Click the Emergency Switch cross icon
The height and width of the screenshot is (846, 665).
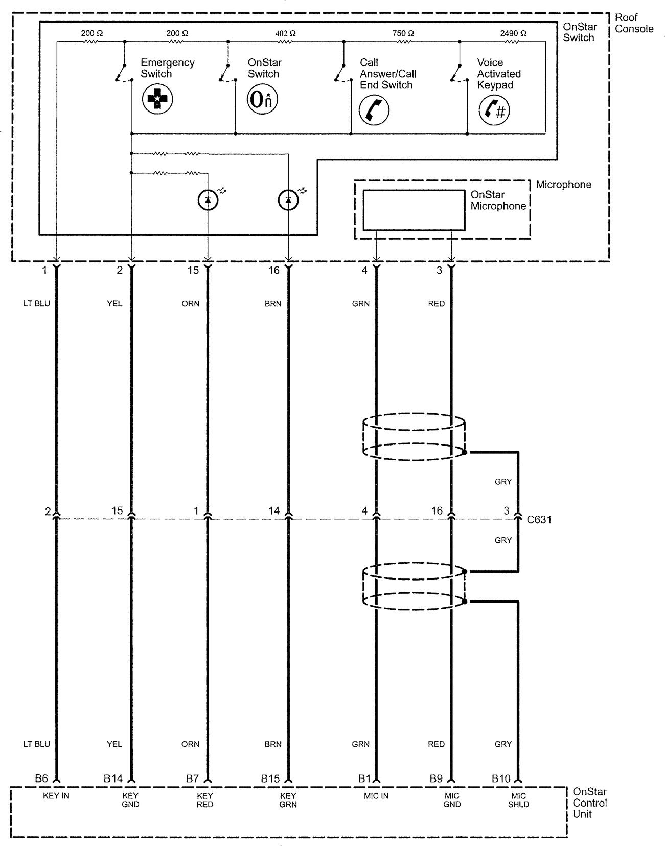pyautogui.click(x=157, y=99)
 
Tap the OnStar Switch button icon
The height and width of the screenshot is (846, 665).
pyautogui.click(x=262, y=100)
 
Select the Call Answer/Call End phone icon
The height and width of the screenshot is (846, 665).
pyautogui.click(x=374, y=110)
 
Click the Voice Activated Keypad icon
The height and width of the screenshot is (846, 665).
pyautogui.click(x=494, y=110)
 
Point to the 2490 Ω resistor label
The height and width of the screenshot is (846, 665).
pyautogui.click(x=513, y=33)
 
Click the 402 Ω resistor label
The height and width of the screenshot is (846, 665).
pyautogui.click(x=286, y=33)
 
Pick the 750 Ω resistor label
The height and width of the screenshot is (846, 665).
pyautogui.click(x=403, y=33)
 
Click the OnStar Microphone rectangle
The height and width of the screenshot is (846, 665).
pyautogui.click(x=414, y=210)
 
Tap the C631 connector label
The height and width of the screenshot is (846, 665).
pyautogui.click(x=539, y=520)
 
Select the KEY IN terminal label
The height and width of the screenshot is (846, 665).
pyautogui.click(x=56, y=796)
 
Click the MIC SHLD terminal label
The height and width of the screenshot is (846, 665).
pyautogui.click(x=518, y=800)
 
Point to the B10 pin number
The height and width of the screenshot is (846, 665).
pyautogui.click(x=501, y=779)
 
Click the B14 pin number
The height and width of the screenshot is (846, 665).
pyautogui.click(x=113, y=779)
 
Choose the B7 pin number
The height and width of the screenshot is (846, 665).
pyautogui.click(x=192, y=779)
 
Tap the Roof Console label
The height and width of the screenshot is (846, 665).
pyautogui.click(x=634, y=24)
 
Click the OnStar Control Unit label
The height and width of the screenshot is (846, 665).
pyautogui.click(x=590, y=803)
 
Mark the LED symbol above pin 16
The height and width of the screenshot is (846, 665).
pyautogui.click(x=288, y=200)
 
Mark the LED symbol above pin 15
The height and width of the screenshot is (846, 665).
pyautogui.click(x=208, y=200)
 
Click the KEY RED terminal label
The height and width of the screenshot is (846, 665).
pyautogui.click(x=205, y=800)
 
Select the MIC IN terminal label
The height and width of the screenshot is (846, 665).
pyautogui.click(x=376, y=796)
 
